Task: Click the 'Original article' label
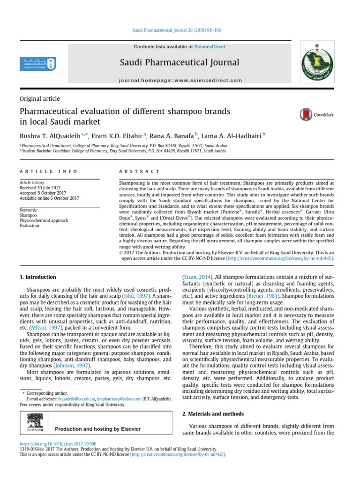(39, 98)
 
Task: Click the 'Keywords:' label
(29, 210)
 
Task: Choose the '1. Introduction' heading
(37, 277)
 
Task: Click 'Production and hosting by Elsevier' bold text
(97, 429)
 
